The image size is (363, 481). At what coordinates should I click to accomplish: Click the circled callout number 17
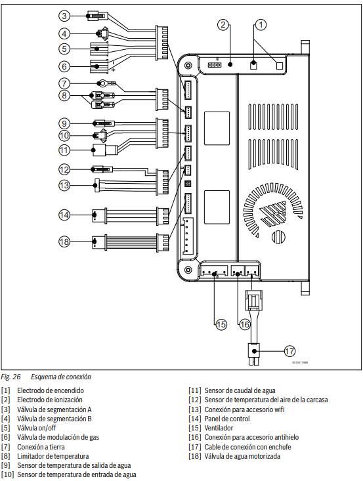(289, 351)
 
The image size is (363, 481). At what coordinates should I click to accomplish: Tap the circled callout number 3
(64, 15)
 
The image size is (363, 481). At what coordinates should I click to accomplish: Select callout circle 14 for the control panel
(64, 215)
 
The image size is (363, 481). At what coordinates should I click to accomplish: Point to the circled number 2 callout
(223, 24)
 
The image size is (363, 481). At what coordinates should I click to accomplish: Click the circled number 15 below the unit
(221, 324)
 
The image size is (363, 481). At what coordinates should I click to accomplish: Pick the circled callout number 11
(64, 150)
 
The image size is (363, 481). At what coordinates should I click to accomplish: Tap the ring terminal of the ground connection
(101, 83)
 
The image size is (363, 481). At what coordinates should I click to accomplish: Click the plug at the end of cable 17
(254, 354)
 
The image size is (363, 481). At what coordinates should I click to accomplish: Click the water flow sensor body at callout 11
(99, 150)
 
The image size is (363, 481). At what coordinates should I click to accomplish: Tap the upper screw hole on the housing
(188, 66)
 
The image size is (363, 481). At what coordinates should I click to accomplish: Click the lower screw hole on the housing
(188, 270)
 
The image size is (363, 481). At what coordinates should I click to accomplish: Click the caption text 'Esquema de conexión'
(61, 377)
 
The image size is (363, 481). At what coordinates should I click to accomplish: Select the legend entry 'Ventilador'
(219, 428)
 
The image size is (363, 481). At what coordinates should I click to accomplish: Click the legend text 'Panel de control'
(227, 419)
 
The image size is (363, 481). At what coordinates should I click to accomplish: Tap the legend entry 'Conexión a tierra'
(41, 447)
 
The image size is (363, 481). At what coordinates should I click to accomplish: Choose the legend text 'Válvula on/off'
(37, 428)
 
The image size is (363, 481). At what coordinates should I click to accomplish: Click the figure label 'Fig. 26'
(11, 377)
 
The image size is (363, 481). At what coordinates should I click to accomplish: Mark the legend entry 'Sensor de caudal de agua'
(240, 390)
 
